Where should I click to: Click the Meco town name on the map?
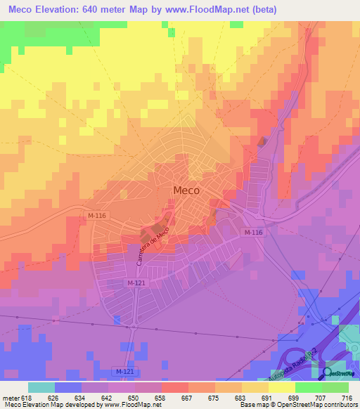186,190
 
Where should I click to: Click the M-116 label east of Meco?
254,233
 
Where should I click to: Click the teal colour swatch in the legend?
41,387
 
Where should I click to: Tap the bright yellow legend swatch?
281,387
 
